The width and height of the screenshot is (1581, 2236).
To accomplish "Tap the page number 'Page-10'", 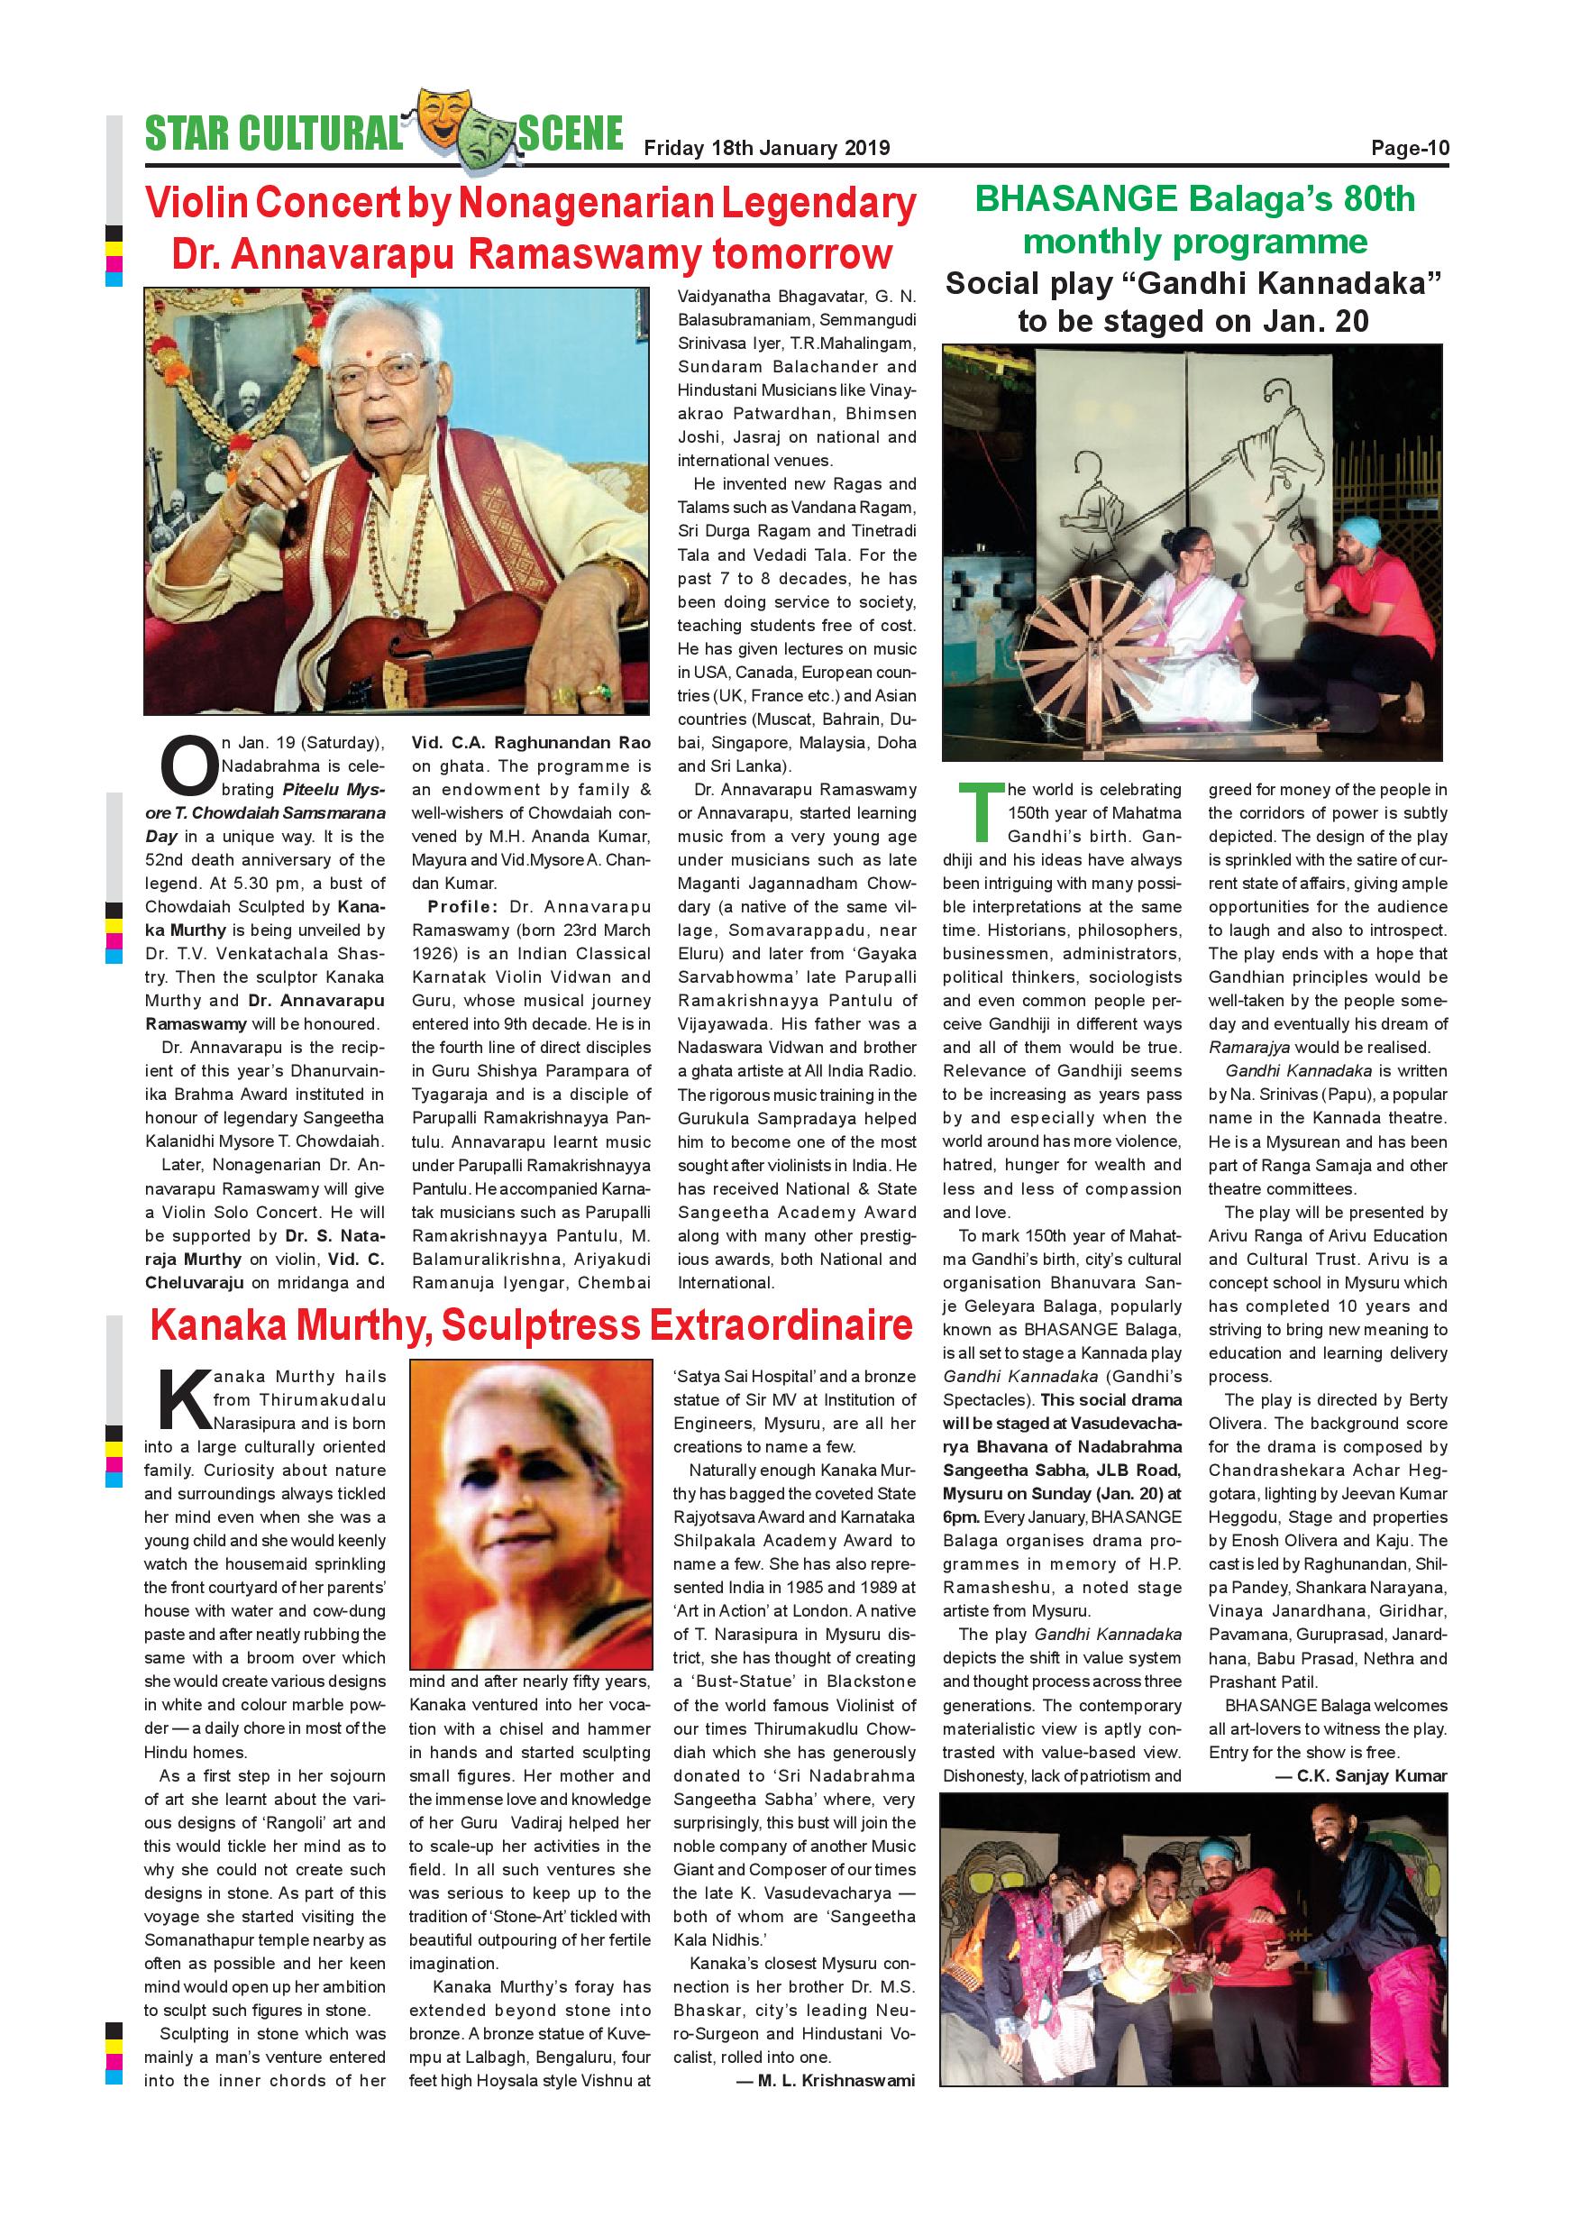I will click(x=1410, y=148).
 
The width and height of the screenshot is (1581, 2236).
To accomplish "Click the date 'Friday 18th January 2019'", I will click(x=766, y=148).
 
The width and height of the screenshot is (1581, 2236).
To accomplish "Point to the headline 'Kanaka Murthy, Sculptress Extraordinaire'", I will click(x=531, y=1324).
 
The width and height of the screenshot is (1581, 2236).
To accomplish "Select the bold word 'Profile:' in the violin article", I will click(x=462, y=907).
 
